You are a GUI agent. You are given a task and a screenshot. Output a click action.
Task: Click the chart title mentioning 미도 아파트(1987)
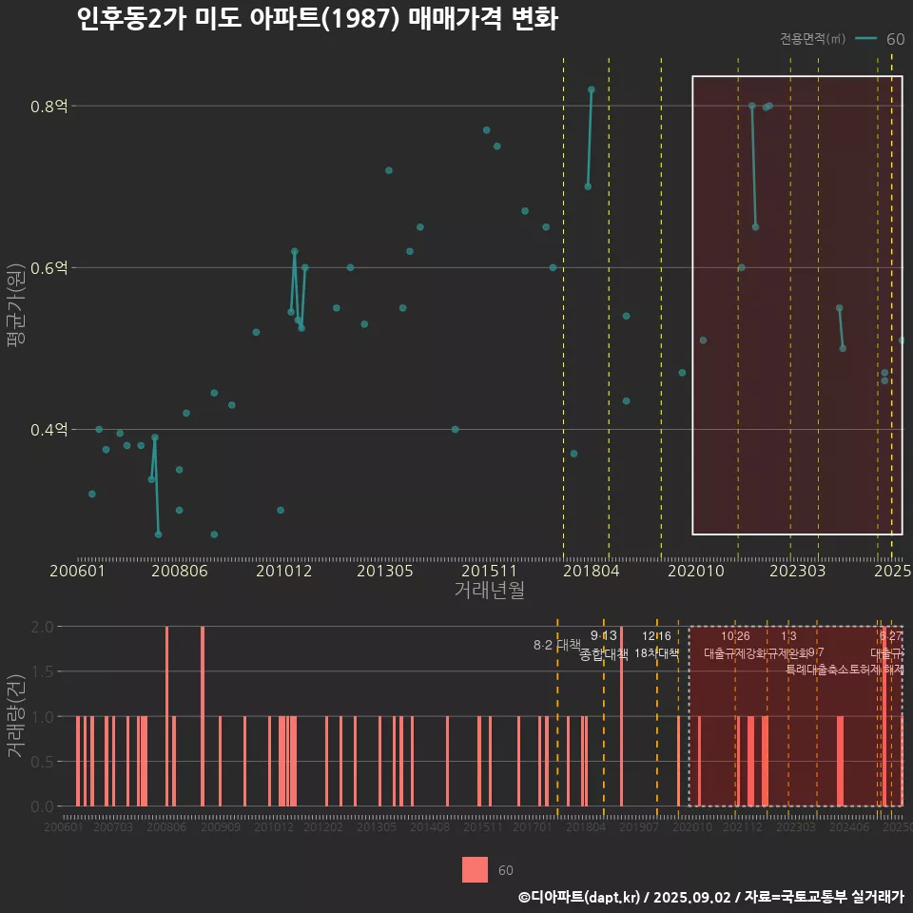317,19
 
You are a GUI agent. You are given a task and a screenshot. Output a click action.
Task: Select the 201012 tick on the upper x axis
283,572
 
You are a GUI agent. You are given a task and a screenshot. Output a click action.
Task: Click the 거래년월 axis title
489,591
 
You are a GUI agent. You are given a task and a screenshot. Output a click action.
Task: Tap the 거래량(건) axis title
15,715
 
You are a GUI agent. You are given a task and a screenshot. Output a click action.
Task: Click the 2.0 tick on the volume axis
43,627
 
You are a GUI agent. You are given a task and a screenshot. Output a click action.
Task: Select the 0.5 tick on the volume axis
43,762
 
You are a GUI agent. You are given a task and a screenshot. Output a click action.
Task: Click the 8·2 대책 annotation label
556,646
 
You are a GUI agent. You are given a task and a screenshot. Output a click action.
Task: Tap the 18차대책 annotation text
656,653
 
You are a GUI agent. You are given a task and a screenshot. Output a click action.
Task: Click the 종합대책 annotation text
604,653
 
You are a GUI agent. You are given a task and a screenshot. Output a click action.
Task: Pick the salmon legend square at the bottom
475,870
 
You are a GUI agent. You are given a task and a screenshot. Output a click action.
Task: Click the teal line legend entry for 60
880,39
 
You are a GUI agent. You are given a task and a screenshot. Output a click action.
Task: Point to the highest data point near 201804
591,89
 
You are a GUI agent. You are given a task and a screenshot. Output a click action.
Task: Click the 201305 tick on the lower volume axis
377,828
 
